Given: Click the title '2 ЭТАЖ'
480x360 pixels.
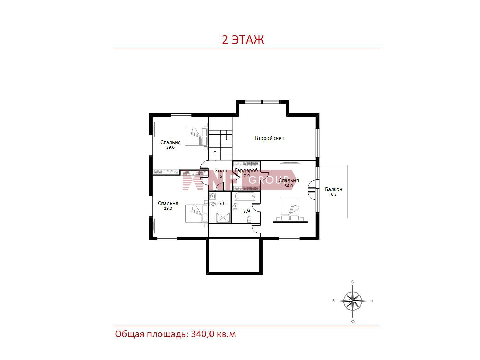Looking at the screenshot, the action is coord(243,40).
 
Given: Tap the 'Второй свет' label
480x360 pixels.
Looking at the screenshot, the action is coord(269,138).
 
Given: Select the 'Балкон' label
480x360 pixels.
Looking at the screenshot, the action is coord(334,189).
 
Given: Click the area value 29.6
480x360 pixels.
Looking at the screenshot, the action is coord(170,147).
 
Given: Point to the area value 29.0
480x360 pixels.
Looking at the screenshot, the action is coord(168,208).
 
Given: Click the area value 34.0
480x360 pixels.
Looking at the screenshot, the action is coord(288,186).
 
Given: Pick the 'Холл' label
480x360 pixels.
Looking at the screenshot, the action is coord(221,171).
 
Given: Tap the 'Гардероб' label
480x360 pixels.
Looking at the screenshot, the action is coord(246,170).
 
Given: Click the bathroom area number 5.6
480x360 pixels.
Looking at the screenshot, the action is coord(222,204).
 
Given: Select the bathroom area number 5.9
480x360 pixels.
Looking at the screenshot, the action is coord(246,211).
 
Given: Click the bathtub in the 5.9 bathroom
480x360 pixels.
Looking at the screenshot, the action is coord(245,196).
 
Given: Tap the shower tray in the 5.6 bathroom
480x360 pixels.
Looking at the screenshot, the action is coord(223,218).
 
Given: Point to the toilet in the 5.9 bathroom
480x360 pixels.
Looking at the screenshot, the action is coord(249,219).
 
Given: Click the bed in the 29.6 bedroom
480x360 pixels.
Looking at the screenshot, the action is coord(196,136).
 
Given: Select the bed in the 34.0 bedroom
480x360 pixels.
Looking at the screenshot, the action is coord(290,209).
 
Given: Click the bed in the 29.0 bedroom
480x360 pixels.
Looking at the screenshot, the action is coord(196,214).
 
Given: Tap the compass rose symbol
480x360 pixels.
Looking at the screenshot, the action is coord(352,301).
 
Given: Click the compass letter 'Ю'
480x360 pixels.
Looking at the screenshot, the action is coord(352,322).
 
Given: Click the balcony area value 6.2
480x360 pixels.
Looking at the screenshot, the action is coord(334,194).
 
